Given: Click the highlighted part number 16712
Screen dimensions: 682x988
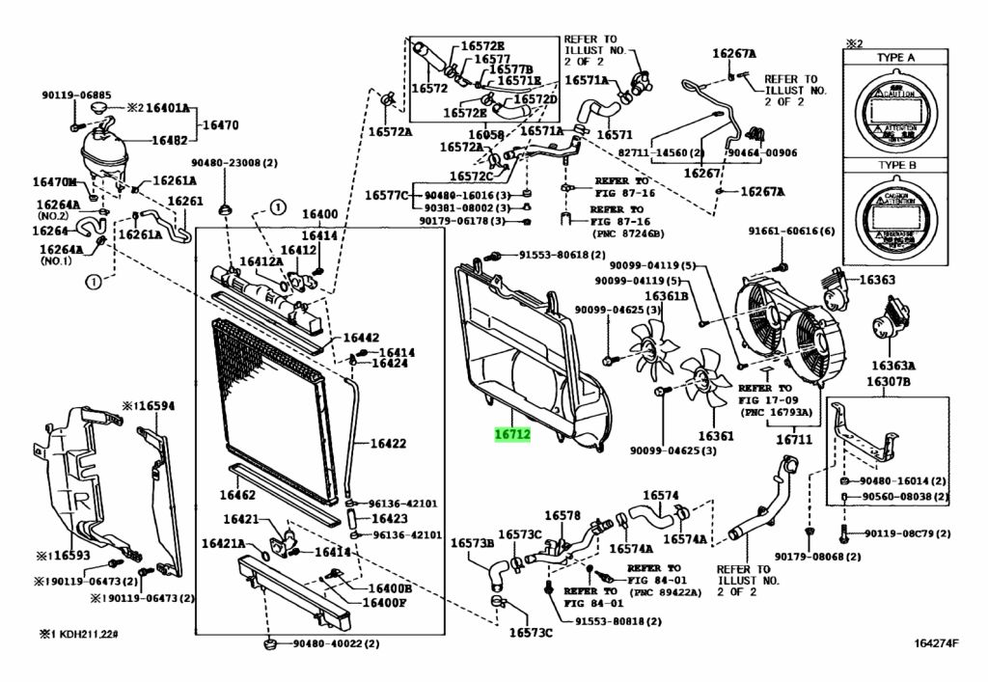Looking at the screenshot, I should click(512, 435).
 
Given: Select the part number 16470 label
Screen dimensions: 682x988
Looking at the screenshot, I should click(219, 124).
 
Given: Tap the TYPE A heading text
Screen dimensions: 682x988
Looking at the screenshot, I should click(895, 58).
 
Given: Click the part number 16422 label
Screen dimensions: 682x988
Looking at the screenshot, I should click(388, 444).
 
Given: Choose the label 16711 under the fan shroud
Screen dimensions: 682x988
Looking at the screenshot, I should click(797, 439).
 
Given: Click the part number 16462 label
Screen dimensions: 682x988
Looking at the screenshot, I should click(236, 495).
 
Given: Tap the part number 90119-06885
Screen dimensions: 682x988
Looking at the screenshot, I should click(69, 95).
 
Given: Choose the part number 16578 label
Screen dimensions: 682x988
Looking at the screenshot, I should click(563, 516).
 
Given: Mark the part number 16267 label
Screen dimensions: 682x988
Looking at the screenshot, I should click(702, 174).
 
